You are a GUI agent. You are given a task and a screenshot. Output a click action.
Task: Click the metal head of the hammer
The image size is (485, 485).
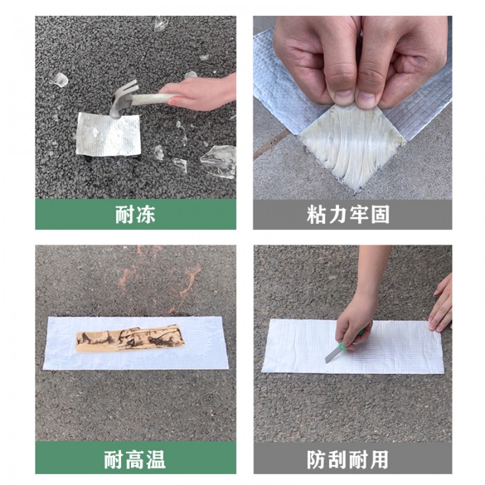tap(121, 99)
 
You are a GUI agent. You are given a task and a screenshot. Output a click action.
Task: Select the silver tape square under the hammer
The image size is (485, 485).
tap(108, 134)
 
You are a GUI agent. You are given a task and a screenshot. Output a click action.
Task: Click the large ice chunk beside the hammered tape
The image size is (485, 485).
tap(219, 161)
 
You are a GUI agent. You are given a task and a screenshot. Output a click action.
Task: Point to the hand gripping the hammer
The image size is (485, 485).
tap(198, 93)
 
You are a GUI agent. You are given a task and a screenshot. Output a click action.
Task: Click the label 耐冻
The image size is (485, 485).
tap(135, 215)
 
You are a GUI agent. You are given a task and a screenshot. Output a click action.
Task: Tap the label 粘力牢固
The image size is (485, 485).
tap(348, 215)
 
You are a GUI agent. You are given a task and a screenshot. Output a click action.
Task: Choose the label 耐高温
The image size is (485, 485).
tap(135, 459)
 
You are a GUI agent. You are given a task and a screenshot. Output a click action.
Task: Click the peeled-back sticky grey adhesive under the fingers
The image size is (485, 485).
tap(353, 142)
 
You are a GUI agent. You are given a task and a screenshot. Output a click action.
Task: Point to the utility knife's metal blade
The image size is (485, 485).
tap(332, 354)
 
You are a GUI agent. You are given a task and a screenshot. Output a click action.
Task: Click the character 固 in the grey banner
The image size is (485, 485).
tap(380, 215)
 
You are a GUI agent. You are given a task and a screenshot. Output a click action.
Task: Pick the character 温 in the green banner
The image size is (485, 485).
tap(156, 459)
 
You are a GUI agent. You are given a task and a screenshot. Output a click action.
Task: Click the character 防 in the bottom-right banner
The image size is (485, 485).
tap(316, 459)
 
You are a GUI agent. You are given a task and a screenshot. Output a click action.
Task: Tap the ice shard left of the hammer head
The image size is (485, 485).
tap(60, 80)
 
